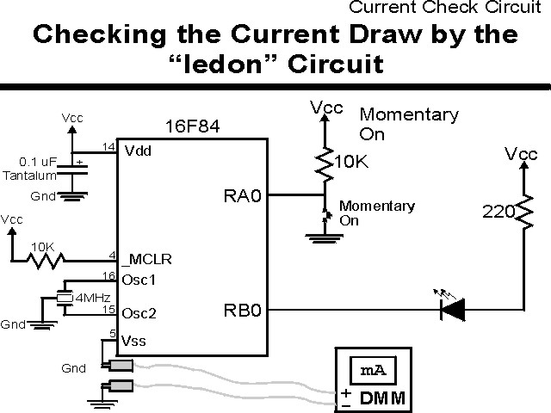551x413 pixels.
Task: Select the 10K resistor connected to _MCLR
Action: click(x=43, y=259)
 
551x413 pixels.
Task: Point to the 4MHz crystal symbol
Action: click(x=65, y=298)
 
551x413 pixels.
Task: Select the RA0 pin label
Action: click(x=242, y=197)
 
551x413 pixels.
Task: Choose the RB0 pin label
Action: click(x=242, y=309)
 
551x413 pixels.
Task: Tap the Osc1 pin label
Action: click(x=141, y=280)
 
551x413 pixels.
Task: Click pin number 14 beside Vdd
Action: click(x=108, y=147)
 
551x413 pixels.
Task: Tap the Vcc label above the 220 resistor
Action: click(x=523, y=154)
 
